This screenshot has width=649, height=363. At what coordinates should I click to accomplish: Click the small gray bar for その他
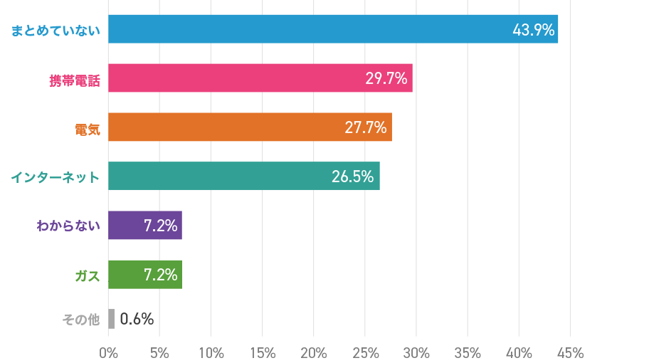[112, 319]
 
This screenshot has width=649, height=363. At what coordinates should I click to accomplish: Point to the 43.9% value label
[533, 30]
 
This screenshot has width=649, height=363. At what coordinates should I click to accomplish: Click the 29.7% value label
[386, 78]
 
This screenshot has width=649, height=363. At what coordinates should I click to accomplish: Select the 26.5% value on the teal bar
[353, 177]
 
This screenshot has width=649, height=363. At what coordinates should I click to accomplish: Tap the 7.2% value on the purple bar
[160, 226]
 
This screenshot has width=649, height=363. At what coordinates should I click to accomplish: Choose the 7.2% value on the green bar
[160, 275]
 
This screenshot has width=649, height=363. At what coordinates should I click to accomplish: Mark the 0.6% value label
[137, 319]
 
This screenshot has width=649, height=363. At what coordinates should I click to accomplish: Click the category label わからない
[68, 226]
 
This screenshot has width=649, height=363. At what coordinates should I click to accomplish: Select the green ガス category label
[88, 275]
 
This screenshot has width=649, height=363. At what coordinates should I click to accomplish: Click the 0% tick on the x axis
[108, 352]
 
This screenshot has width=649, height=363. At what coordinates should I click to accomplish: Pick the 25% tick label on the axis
[365, 352]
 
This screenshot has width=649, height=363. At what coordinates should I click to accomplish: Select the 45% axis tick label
[570, 352]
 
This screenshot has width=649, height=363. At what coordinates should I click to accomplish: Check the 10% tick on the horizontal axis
[211, 352]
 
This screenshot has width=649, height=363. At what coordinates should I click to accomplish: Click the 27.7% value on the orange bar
[366, 127]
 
